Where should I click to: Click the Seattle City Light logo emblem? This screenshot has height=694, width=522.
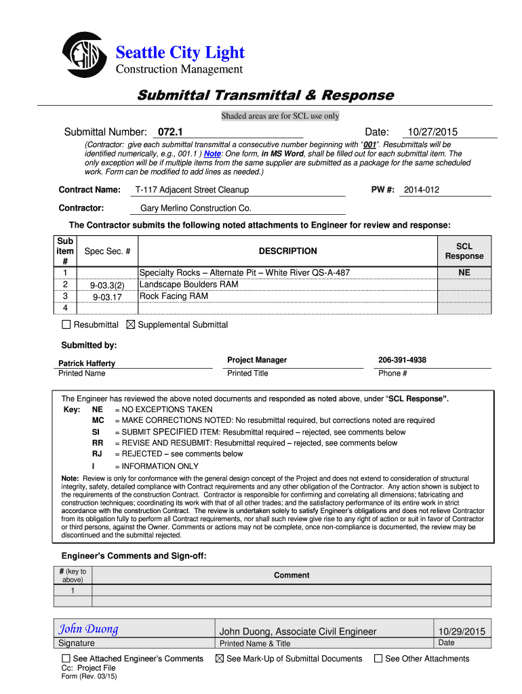84,55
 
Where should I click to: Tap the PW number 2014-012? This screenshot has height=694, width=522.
421,190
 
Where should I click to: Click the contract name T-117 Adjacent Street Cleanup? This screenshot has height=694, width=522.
192,190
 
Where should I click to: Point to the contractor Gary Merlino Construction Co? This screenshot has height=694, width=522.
195,208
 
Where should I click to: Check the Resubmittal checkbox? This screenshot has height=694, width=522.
66,325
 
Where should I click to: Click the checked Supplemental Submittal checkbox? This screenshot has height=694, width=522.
131,325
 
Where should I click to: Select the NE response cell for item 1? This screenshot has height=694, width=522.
464,273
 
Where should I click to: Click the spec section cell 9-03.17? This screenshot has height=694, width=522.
107,297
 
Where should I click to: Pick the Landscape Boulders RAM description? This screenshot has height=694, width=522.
188,285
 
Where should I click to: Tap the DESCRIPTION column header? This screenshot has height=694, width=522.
287,251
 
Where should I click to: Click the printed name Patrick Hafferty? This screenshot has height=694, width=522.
87,363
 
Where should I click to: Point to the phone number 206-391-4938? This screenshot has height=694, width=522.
402,360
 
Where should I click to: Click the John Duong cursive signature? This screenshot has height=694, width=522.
88,629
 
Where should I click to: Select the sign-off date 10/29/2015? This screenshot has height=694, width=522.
462,631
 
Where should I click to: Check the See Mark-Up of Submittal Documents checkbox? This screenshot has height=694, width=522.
220,658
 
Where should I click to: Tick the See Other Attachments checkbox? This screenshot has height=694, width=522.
379,658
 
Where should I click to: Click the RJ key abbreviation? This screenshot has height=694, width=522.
97,454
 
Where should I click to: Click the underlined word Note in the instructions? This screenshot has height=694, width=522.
212,154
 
